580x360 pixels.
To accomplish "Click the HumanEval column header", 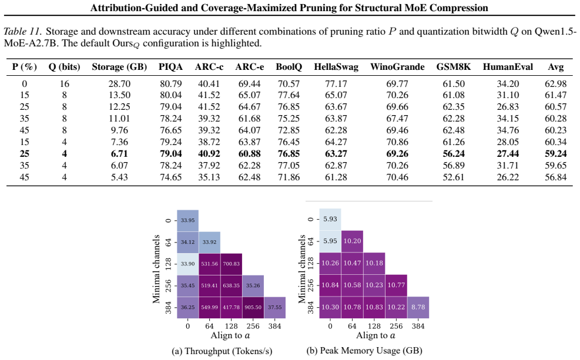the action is (x=508, y=67).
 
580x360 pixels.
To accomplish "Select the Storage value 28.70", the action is (x=119, y=84).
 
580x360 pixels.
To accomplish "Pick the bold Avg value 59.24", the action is (x=555, y=154).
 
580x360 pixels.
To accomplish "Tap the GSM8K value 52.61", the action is (x=454, y=177).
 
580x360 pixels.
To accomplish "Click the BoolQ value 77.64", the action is (x=289, y=95).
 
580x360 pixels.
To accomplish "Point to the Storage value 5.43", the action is (x=119, y=177).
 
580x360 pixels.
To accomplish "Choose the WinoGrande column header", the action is (x=397, y=67).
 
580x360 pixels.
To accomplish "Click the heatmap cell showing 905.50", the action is (x=253, y=308).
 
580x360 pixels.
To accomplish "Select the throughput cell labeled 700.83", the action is (x=231, y=264).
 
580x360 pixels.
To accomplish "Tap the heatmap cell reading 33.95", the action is (x=187, y=221).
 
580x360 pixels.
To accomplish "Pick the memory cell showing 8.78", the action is (x=418, y=307).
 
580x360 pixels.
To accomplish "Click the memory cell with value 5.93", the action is (x=330, y=219).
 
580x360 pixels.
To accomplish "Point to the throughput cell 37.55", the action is (x=275, y=308).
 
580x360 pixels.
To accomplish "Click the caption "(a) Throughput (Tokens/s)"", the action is (x=222, y=351).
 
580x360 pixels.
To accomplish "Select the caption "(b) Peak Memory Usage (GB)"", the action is (x=364, y=351).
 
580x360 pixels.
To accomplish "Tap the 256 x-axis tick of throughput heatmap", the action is (x=253, y=326).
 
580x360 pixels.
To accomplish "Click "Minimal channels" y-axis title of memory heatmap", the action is (x=303, y=269).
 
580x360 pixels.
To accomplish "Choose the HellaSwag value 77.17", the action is (x=336, y=84).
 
